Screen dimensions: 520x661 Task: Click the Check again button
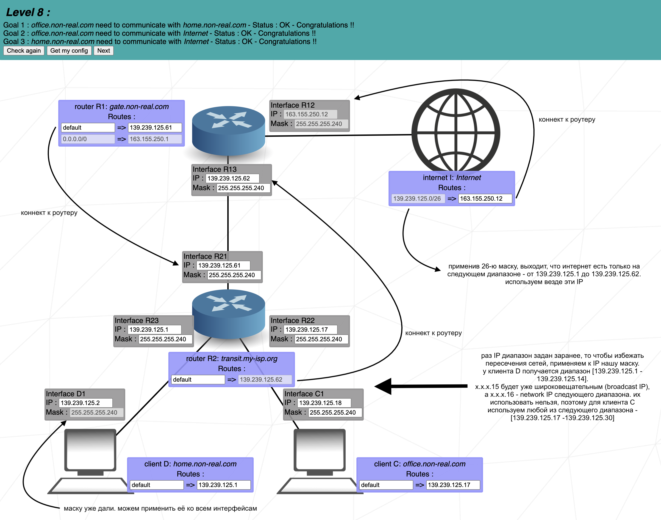pos(24,51)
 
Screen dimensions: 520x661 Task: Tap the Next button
pos(104,51)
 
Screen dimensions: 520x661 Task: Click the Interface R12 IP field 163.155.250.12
pos(310,114)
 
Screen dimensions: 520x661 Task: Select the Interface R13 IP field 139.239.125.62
pos(232,178)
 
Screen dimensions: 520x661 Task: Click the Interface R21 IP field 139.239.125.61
pos(223,265)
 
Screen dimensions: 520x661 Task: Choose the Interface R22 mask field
pos(321,339)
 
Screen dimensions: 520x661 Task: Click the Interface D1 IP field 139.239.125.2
pos(85,403)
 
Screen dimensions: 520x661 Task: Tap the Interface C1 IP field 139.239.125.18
pos(324,403)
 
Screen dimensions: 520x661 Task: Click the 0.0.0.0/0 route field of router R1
pos(88,139)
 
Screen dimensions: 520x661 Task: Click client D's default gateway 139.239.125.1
pos(224,485)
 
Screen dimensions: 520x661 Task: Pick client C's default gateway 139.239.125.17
pos(453,485)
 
